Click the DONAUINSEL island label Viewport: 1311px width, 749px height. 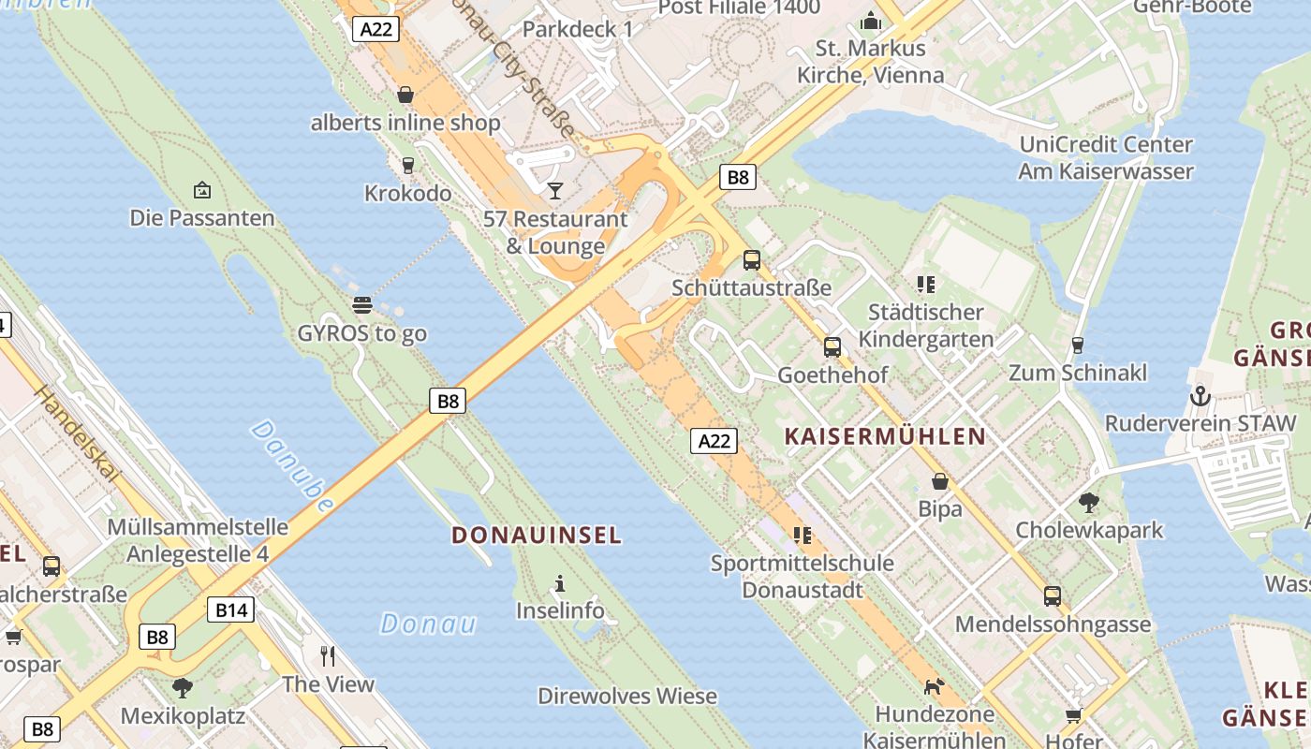pyautogui.click(x=536, y=536)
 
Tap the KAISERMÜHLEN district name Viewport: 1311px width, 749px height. pyautogui.click(x=885, y=436)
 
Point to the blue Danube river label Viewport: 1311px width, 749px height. pyautogui.click(x=292, y=465)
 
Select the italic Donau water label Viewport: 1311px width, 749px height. pyautogui.click(x=428, y=624)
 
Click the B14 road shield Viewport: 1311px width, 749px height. pyautogui.click(x=231, y=610)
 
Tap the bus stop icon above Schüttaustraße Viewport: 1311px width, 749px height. pyautogui.click(x=752, y=260)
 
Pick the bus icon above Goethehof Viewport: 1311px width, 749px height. pyautogui.click(x=832, y=347)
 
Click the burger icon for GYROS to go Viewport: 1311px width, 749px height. pyautogui.click(x=362, y=304)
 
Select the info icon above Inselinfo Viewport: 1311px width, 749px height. pyautogui.click(x=560, y=584)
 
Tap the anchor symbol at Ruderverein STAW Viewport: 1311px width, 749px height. pyautogui.click(x=1200, y=396)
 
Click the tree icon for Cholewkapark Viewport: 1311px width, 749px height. pyautogui.click(x=1088, y=503)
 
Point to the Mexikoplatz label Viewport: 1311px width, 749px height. pyautogui.click(x=183, y=717)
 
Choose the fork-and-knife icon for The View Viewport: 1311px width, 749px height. pyautogui.click(x=328, y=655)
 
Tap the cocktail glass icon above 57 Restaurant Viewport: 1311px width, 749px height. pyautogui.click(x=555, y=191)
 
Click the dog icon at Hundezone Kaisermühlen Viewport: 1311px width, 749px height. pyautogui.click(x=934, y=686)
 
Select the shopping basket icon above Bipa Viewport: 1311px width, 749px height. pyautogui.click(x=940, y=481)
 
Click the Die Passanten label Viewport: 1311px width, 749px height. pyautogui.click(x=202, y=218)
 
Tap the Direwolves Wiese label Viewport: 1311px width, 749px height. pyautogui.click(x=627, y=697)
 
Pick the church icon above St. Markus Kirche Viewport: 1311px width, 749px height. pyautogui.click(x=871, y=21)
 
